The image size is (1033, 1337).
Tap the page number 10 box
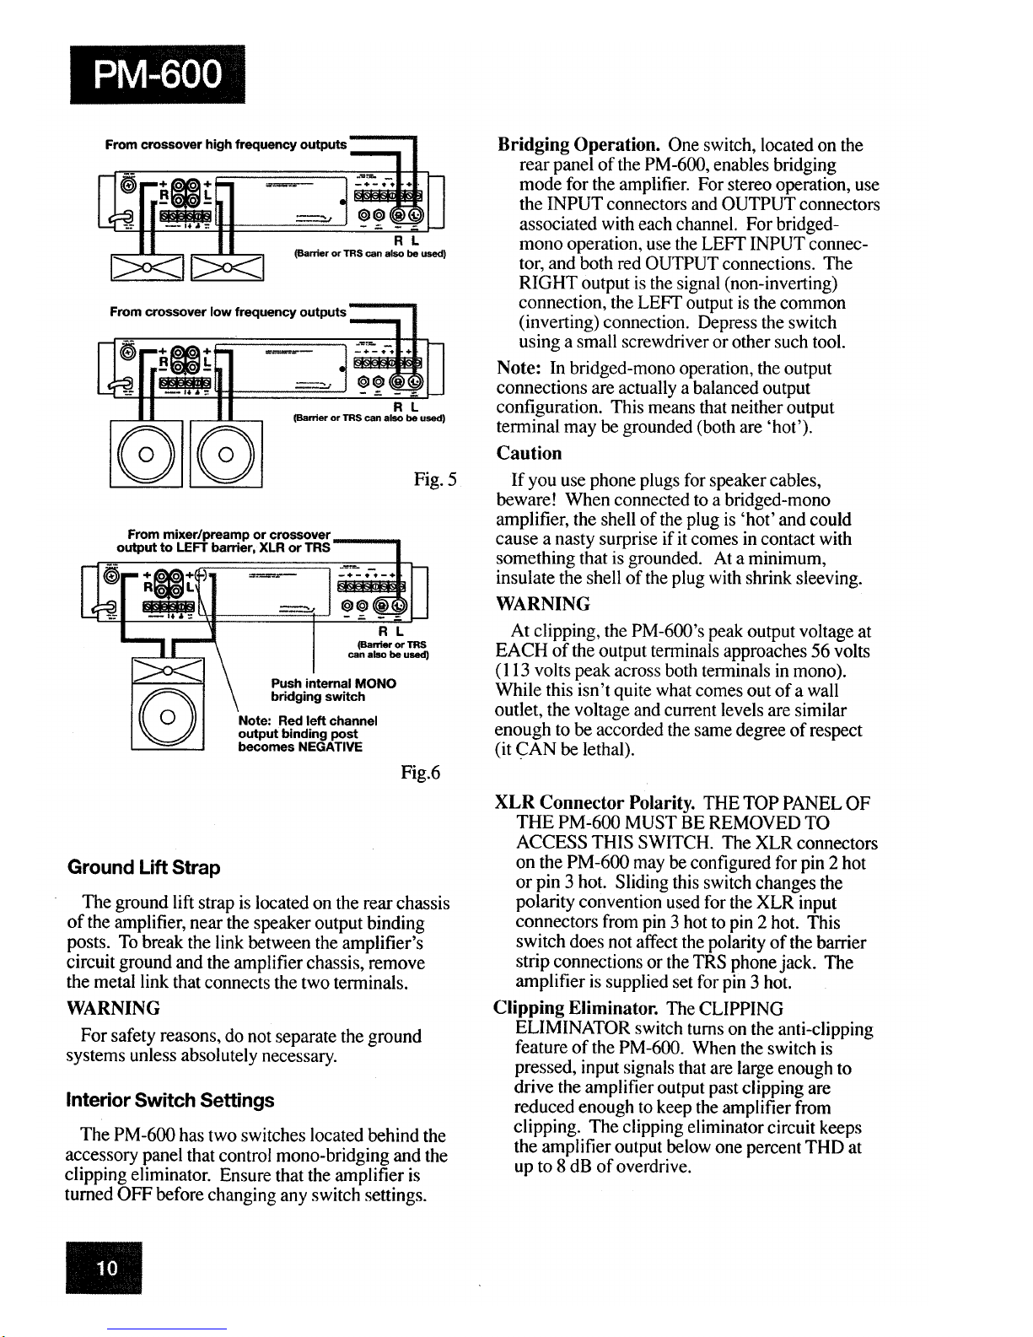click(107, 1267)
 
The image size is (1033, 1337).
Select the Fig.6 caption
click(421, 773)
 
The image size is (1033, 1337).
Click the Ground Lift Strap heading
click(144, 868)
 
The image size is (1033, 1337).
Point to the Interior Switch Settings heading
click(170, 1101)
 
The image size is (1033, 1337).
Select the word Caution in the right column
click(530, 454)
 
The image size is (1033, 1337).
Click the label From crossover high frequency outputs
click(226, 145)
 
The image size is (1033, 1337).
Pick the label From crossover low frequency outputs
click(228, 312)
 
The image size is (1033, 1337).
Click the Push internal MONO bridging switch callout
click(333, 689)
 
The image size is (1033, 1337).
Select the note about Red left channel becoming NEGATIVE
click(307, 734)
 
